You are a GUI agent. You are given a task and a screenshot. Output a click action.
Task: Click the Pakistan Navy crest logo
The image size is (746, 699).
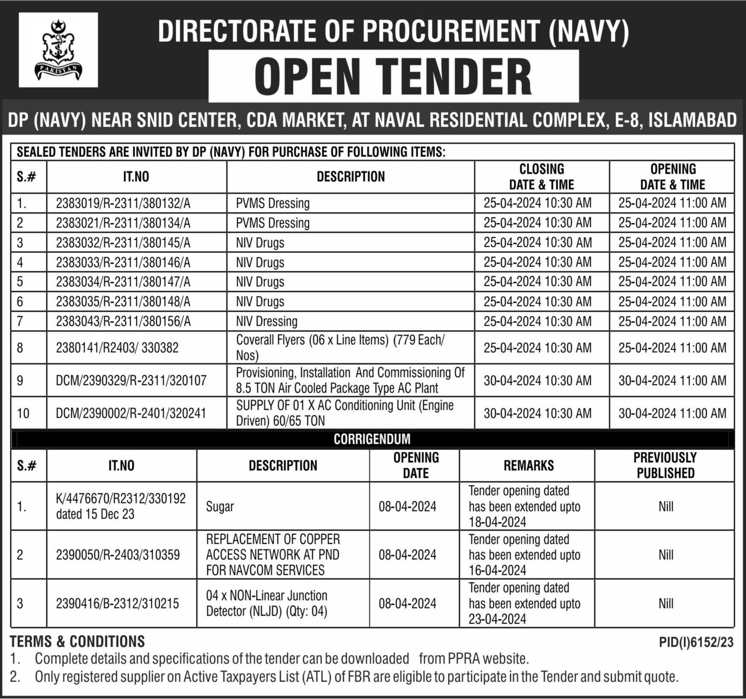click(x=58, y=50)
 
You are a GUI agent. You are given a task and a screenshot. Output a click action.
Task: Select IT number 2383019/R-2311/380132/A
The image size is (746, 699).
click(x=123, y=203)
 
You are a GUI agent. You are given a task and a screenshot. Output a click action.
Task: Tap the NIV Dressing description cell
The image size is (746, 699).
click(x=267, y=321)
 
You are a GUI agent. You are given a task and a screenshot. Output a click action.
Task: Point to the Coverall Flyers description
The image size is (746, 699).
click(x=340, y=348)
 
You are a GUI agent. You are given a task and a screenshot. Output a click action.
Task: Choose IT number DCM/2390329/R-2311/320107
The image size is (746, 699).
click(x=131, y=380)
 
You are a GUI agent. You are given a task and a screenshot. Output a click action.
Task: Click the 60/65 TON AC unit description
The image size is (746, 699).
click(x=344, y=413)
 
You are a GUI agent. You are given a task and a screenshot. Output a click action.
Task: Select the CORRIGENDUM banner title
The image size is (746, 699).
click(x=372, y=439)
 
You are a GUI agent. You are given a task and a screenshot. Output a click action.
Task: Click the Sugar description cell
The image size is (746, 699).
click(x=220, y=506)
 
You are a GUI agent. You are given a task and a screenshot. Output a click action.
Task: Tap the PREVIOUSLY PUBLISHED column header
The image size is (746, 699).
click(x=665, y=465)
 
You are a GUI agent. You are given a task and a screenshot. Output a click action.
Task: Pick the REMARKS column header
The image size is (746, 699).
click(x=528, y=465)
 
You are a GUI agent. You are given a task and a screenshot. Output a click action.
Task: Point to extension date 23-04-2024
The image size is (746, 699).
click(x=497, y=619)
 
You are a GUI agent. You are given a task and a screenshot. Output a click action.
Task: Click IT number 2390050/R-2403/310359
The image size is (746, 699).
click(x=118, y=555)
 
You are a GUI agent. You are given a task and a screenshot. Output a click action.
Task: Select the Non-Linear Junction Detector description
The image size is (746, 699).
click(x=266, y=603)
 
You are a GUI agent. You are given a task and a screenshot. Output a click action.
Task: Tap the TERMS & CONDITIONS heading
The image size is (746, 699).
click(x=77, y=641)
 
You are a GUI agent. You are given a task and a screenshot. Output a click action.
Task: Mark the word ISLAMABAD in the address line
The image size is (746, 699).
click(x=692, y=120)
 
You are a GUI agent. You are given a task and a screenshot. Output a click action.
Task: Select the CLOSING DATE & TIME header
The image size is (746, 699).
click(x=541, y=177)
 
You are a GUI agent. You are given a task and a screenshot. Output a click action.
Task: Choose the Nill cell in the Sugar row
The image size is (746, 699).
click(x=665, y=506)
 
